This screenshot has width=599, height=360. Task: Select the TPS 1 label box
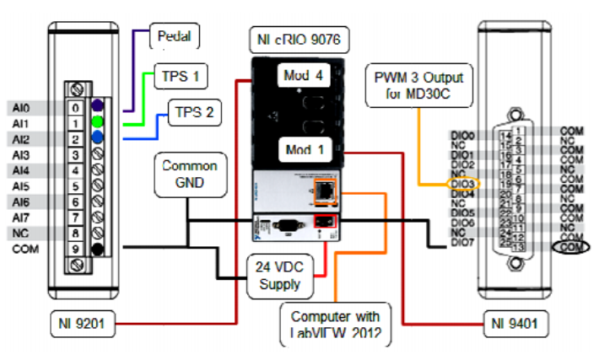click(x=180, y=76)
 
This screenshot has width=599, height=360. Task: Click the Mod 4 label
click(x=300, y=76)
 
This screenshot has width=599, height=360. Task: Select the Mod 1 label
click(x=301, y=150)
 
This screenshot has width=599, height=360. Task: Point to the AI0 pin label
click(x=19, y=108)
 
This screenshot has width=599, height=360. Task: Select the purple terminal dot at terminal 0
click(x=99, y=107)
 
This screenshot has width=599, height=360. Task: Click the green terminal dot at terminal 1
click(x=99, y=123)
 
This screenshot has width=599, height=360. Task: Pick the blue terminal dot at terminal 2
click(x=99, y=138)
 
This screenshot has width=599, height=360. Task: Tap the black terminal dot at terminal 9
click(x=99, y=248)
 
